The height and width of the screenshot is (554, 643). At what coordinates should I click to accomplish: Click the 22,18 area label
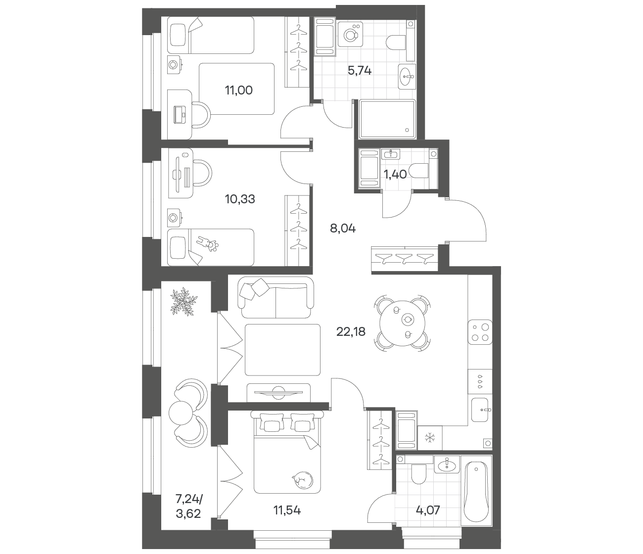tap(351, 332)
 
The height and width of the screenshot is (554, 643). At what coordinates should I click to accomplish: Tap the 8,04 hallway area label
tap(342, 229)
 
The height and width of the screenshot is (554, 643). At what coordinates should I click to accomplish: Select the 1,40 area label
tap(395, 175)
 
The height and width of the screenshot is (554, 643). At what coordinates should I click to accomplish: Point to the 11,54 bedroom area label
tap(287, 510)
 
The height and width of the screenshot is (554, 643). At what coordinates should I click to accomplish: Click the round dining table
tap(403, 323)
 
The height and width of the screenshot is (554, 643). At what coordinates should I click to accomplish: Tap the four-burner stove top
tap(480, 332)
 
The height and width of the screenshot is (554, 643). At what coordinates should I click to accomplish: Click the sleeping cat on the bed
tap(301, 481)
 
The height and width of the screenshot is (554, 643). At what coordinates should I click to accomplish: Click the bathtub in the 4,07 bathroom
tap(476, 491)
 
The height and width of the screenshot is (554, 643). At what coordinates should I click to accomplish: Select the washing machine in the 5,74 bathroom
tap(350, 34)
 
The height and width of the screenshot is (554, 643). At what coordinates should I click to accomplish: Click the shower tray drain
tap(407, 130)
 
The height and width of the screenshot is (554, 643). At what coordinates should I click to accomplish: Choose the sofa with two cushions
tap(276, 297)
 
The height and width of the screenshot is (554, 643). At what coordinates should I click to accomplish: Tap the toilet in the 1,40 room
tap(419, 171)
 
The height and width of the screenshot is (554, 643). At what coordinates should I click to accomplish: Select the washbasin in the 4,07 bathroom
tap(447, 465)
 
